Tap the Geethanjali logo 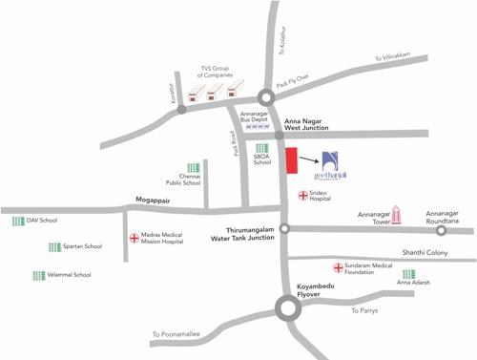(331, 163)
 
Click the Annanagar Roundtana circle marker (441, 230)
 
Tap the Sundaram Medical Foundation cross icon (338, 267)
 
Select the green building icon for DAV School (17, 221)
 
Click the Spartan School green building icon (52, 246)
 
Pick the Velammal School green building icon (37, 275)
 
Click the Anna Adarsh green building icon (408, 274)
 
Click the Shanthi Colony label (425, 252)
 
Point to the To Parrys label (366, 311)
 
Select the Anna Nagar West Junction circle (280, 136)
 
